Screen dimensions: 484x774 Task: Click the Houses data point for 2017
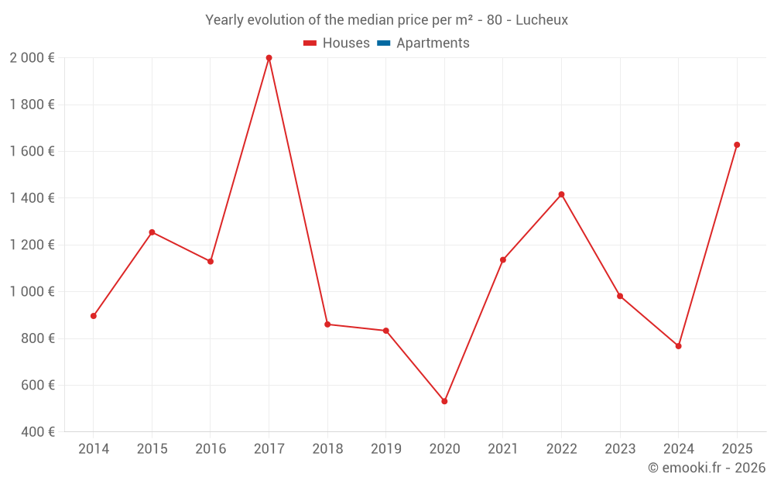tap(269, 58)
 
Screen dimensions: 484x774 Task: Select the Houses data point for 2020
tap(444, 401)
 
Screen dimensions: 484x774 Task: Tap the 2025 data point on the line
tap(737, 145)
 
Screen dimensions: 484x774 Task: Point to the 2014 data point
tap(94, 316)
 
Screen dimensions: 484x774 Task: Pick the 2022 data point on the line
tap(561, 194)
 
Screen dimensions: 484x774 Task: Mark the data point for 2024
tap(678, 346)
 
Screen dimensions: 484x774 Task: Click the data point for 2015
tap(152, 232)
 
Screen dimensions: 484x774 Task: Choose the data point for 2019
tap(385, 331)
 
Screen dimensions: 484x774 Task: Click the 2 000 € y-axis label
tap(32, 58)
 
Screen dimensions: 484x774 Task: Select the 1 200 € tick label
tap(32, 245)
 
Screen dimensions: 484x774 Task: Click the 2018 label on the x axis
tap(327, 449)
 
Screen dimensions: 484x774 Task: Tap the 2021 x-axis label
tap(503, 449)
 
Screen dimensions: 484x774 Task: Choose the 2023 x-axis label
tap(620, 449)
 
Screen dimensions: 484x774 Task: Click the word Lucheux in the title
tap(541, 20)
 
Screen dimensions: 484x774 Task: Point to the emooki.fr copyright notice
tap(706, 468)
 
